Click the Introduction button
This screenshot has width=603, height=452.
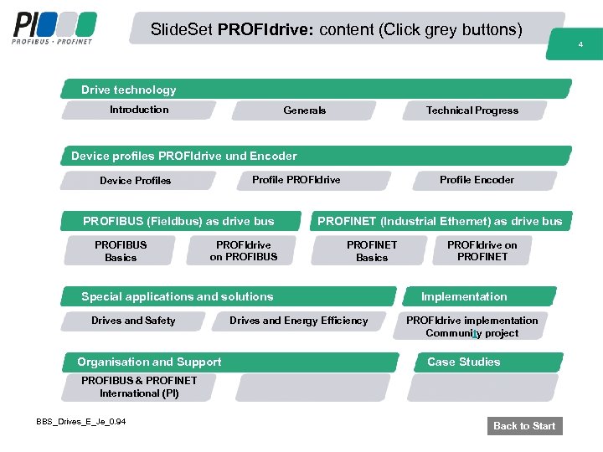coord(138,110)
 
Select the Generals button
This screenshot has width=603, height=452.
coord(305,110)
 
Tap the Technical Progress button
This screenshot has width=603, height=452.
coord(472,110)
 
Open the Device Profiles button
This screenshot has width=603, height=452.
coord(136,181)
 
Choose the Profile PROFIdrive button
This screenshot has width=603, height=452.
coord(296,180)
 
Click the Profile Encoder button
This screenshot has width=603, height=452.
coord(477,180)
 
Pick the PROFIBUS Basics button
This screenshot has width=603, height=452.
coord(121,251)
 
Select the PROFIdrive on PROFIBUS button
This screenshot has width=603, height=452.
coord(243,251)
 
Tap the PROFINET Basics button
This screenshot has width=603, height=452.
coord(372,251)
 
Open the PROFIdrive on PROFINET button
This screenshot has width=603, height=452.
coord(482,250)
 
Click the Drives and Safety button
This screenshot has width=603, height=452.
coord(133,321)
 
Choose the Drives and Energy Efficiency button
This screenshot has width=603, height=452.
coord(298,321)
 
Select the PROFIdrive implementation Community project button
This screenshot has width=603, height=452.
coord(472,326)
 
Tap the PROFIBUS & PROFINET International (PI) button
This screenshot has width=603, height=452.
coord(139,387)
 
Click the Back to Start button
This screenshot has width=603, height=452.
coord(524,426)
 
